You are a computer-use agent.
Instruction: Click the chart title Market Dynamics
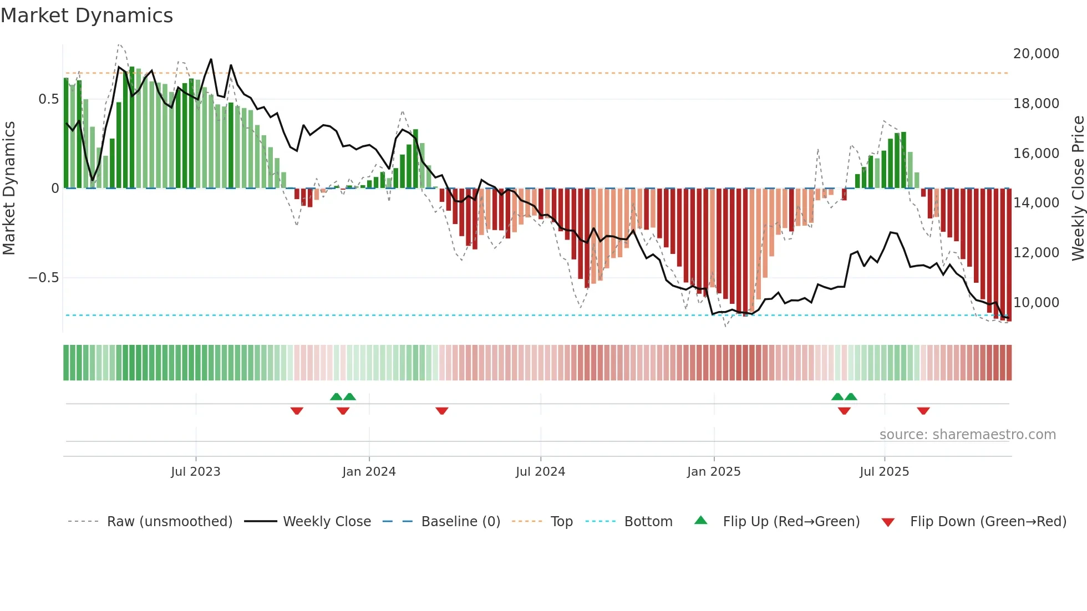[x=87, y=16]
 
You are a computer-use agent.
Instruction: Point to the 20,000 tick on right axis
[x=1036, y=54]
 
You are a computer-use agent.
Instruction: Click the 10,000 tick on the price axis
[x=1036, y=303]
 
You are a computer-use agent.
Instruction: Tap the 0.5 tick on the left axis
[x=48, y=99]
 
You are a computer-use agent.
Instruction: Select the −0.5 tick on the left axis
[x=44, y=278]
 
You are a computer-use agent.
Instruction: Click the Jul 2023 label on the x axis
[x=195, y=472]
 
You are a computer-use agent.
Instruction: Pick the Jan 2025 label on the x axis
[x=713, y=472]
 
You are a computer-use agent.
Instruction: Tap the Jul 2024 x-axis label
[x=540, y=472]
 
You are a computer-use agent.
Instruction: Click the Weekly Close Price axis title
[x=1078, y=189]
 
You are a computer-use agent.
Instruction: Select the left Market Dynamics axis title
[x=9, y=189]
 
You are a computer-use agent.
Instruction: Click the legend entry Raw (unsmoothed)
[x=169, y=522]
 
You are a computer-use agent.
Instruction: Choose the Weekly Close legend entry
[x=327, y=522]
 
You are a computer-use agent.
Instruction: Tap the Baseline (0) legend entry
[x=460, y=522]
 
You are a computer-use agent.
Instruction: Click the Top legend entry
[x=561, y=522]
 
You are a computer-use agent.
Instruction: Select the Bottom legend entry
[x=648, y=522]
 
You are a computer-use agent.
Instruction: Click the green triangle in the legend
[x=701, y=521]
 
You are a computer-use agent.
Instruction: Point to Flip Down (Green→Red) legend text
[x=988, y=522]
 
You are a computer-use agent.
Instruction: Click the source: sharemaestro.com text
[x=967, y=435]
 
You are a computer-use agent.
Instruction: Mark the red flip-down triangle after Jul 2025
[x=923, y=411]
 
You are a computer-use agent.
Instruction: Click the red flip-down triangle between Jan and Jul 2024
[x=441, y=411]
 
